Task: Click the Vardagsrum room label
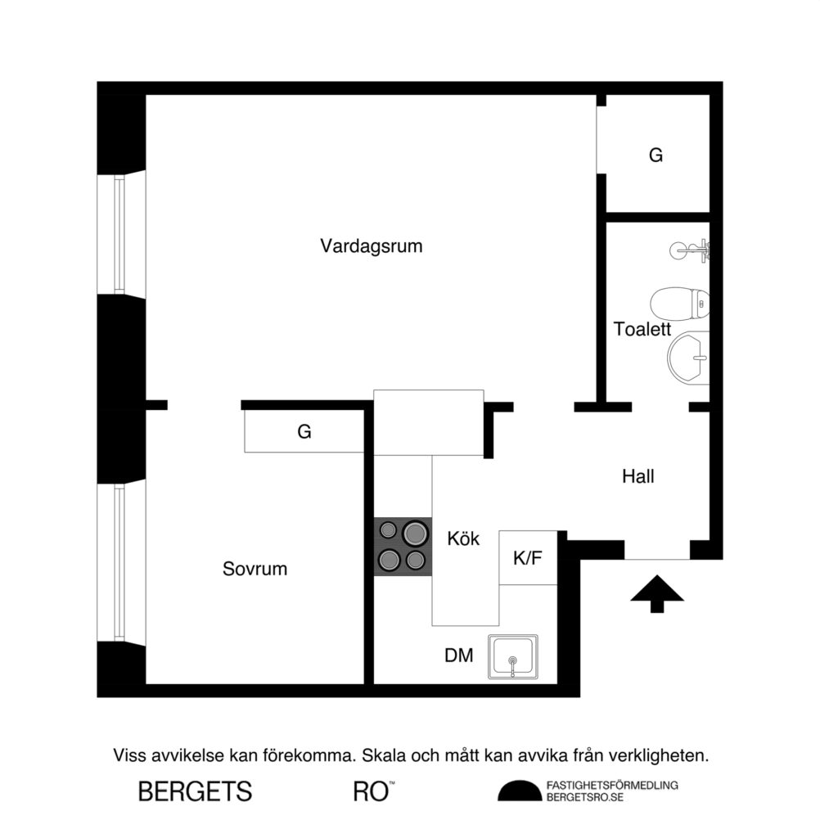[371, 246]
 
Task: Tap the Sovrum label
[255, 569]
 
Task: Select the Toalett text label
[642, 330]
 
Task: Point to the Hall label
[638, 476]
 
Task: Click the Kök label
[463, 539]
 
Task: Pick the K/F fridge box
[528, 558]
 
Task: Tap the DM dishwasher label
[458, 656]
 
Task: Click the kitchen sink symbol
[513, 656]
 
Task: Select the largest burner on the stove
[416, 534]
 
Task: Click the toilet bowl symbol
[679, 304]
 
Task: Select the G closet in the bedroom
[304, 431]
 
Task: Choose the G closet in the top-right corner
[656, 155]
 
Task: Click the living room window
[119, 235]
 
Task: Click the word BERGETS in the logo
[195, 791]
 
